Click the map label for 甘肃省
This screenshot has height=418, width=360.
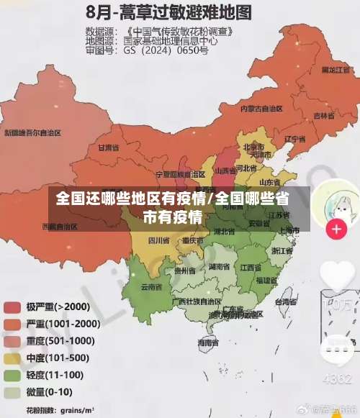point(107,147)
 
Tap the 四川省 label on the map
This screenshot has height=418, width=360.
point(158,240)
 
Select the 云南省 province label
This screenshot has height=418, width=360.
point(151,286)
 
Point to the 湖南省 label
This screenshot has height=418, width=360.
point(219,267)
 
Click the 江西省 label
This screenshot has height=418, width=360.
point(251,267)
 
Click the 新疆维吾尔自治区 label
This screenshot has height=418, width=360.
point(33,132)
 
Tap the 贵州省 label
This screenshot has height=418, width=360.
point(185,271)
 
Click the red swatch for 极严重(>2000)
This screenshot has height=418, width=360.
point(12,307)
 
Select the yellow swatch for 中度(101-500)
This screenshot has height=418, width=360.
point(12,358)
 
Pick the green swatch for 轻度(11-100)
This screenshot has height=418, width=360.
point(12,375)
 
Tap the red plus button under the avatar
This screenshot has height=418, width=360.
point(336,230)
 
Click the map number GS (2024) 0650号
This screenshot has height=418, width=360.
point(166,51)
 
